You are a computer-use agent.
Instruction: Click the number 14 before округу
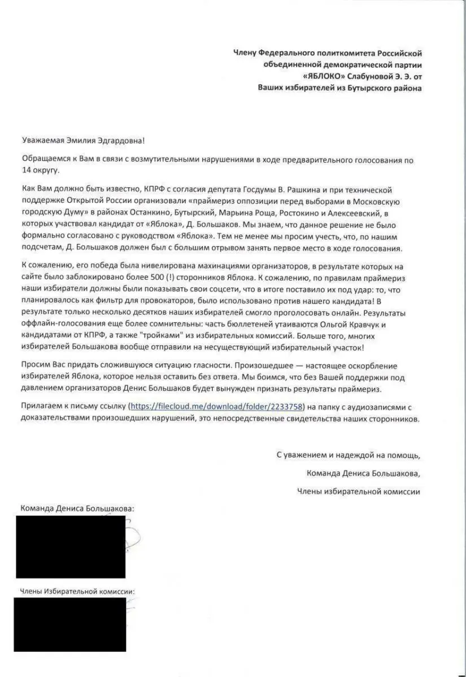27,170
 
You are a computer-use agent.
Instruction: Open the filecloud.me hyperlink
217,406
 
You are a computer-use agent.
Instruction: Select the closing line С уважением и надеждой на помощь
348,454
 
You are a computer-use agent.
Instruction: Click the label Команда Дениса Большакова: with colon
77,508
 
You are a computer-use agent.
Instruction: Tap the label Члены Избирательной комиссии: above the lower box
77,592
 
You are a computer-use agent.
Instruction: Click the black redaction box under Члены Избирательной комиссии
72,625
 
